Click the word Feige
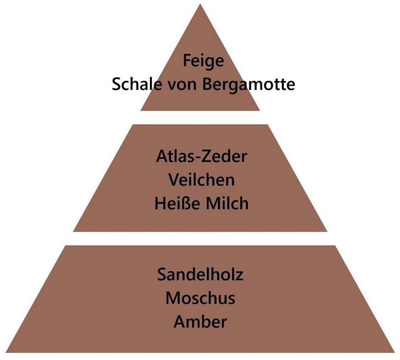(204, 61)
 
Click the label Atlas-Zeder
(201, 157)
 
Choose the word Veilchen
(201, 180)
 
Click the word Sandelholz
(201, 275)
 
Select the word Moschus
(200, 298)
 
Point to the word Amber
(200, 322)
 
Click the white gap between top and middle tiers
(200, 117)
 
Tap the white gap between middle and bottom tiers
(200, 238)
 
